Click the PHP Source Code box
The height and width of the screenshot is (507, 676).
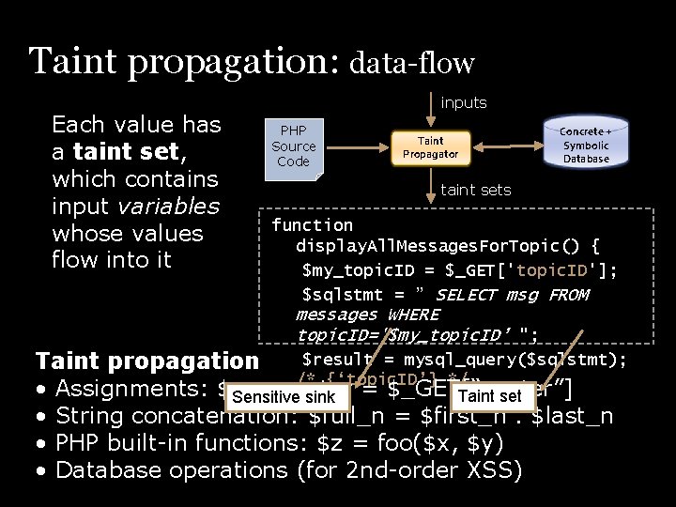click(293, 146)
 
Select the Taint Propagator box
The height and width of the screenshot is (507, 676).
click(430, 147)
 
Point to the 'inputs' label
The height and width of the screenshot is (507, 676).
click(464, 102)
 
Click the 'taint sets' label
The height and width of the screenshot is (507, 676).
click(476, 190)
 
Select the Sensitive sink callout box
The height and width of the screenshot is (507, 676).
click(283, 397)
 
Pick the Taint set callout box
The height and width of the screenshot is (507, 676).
click(490, 396)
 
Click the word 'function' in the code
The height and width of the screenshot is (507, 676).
click(312, 225)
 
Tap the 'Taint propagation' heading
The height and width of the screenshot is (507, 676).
click(146, 361)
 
